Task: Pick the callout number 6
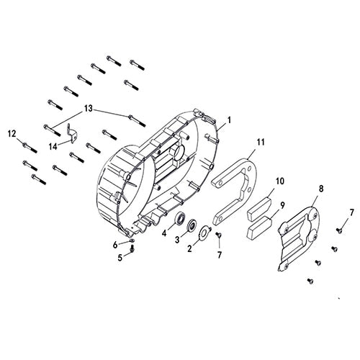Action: point(114,244)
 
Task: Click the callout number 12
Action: point(12,133)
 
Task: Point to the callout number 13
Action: point(88,109)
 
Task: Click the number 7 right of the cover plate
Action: point(351,212)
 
